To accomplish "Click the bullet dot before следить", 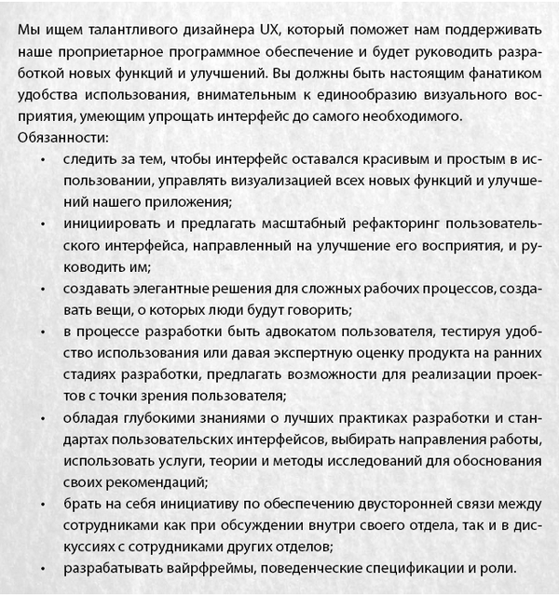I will [x=45, y=159].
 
